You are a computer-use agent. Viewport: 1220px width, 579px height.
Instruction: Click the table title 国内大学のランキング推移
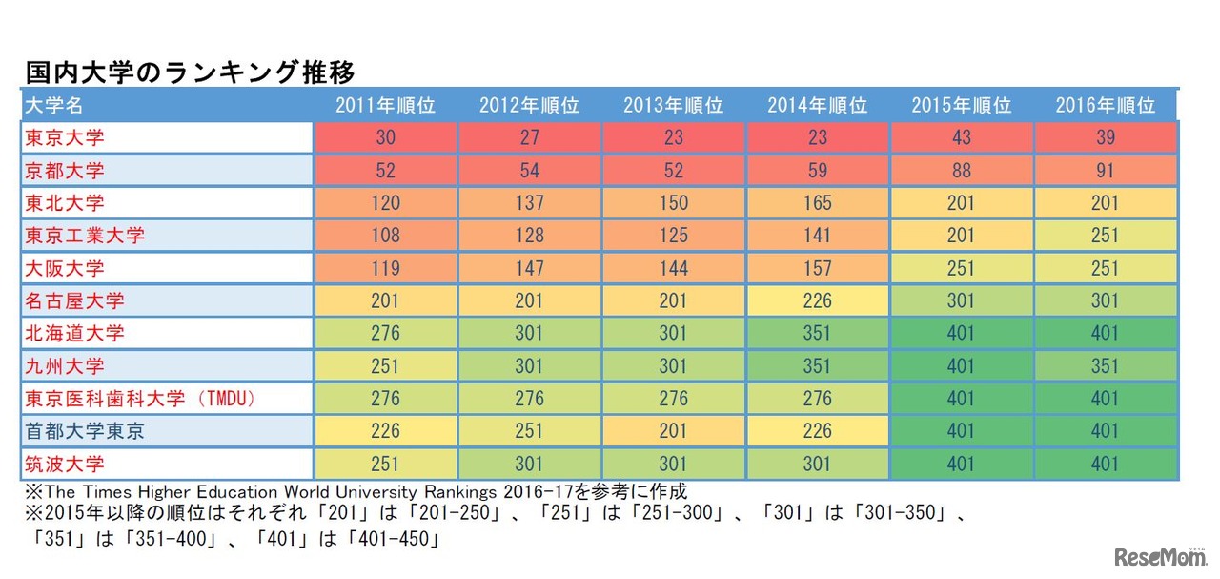pos(190,72)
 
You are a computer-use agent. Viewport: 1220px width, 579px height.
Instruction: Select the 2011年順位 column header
pos(385,106)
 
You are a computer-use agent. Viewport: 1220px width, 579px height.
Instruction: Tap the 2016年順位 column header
pos(1105,106)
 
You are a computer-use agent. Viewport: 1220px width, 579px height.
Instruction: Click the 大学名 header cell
pos(57,106)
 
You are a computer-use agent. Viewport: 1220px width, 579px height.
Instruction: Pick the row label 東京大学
pos(64,138)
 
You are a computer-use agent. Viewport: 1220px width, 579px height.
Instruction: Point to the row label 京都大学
pos(64,172)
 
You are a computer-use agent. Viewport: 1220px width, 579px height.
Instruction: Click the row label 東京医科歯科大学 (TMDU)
pos(140,399)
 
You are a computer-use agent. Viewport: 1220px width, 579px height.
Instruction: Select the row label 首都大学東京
pos(85,431)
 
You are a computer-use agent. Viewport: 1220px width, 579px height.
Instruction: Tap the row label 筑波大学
pos(64,465)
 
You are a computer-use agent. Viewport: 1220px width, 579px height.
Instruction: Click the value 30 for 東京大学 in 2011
pos(385,138)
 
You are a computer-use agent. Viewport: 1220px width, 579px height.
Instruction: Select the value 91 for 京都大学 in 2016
pos(1105,172)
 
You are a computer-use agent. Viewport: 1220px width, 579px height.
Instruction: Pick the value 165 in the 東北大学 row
pos(817,203)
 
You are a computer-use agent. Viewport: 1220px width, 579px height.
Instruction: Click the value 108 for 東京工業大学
pos(385,236)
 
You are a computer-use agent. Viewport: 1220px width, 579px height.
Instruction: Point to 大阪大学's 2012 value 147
pos(529,269)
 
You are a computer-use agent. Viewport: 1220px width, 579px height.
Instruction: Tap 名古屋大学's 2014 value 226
pos(817,301)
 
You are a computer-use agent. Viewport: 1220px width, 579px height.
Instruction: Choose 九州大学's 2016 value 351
pos(1105,366)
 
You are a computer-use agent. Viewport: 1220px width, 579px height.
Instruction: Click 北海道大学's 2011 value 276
pos(385,334)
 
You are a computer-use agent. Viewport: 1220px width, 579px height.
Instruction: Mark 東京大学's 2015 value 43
pos(961,138)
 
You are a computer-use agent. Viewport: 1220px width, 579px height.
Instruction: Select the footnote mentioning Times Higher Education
pos(353,492)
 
